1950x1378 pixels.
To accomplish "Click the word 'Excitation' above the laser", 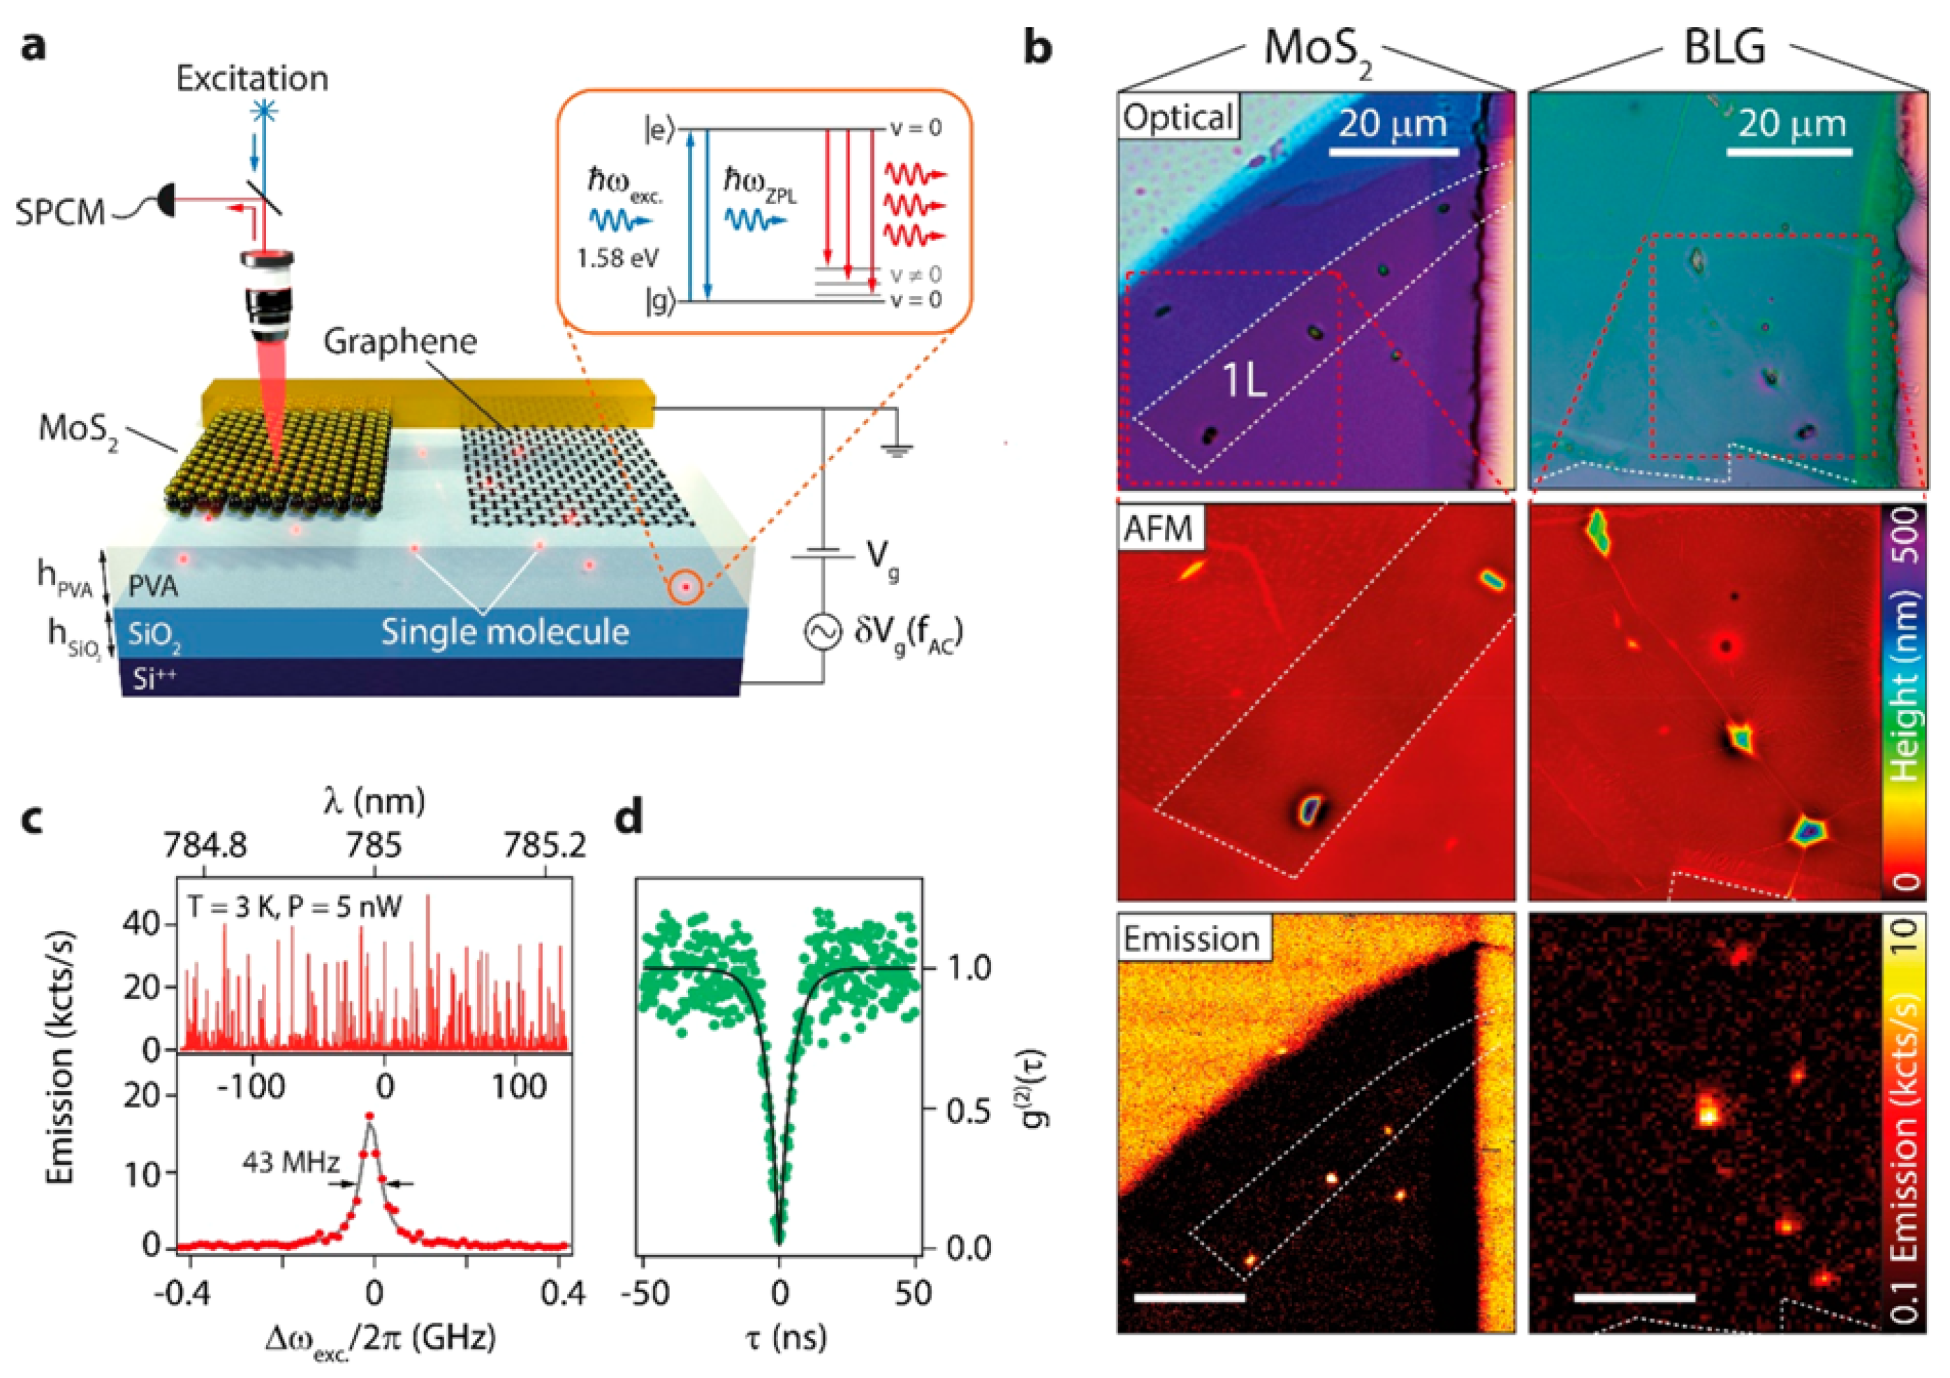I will [251, 79].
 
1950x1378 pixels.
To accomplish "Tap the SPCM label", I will [59, 212].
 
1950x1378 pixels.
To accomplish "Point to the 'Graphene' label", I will [400, 342].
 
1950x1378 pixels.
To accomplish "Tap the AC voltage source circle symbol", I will [822, 632].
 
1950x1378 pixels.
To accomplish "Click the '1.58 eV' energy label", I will [617, 258].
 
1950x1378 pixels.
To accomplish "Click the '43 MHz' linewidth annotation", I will [291, 1162].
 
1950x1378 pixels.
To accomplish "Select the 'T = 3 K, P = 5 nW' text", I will [294, 907].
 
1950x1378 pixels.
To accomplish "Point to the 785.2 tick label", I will [543, 845].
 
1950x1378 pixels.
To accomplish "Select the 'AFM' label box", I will [1159, 529].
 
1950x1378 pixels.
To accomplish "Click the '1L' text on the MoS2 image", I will [1244, 381].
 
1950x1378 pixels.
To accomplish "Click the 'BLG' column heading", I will [1724, 48].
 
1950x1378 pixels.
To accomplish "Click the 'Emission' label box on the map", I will [1191, 939].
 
